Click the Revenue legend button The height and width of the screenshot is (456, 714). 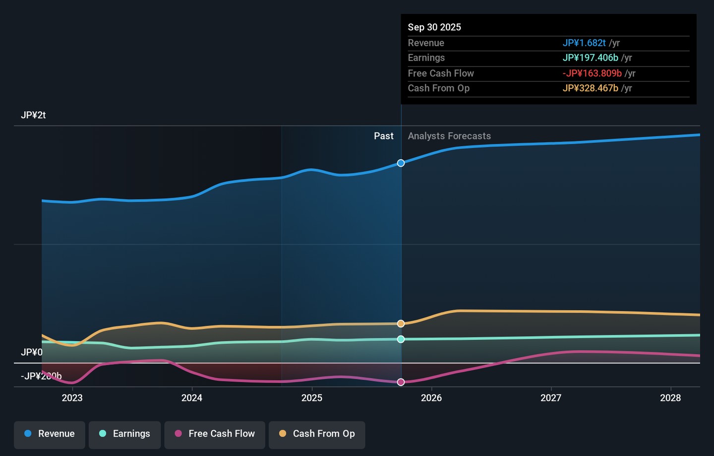pos(50,435)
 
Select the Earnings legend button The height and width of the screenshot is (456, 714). pos(124,435)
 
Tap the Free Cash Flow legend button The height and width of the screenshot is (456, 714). pos(215,435)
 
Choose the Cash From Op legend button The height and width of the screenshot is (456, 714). pos(317,435)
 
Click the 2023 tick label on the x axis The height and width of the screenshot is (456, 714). pos(72,398)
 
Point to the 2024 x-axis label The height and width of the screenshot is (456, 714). pos(192,398)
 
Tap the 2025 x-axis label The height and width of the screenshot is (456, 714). pos(312,398)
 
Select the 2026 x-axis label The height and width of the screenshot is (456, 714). pos(431,398)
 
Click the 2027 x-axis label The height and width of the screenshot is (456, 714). pos(551,398)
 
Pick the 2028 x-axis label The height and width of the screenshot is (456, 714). pos(670,398)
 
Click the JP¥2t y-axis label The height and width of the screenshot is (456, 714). pos(33,115)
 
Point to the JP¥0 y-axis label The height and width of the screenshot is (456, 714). pos(32,352)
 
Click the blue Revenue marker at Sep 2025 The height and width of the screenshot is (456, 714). pos(401,163)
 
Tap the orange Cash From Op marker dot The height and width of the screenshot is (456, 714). pos(401,324)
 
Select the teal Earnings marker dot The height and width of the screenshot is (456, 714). pos(401,339)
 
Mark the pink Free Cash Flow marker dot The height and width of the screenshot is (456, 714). pos(401,382)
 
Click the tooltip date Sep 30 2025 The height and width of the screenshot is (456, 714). pos(434,27)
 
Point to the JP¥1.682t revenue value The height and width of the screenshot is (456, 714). pos(584,43)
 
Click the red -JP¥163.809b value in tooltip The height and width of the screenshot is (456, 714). pos(592,73)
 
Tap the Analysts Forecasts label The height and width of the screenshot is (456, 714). pos(449,136)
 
